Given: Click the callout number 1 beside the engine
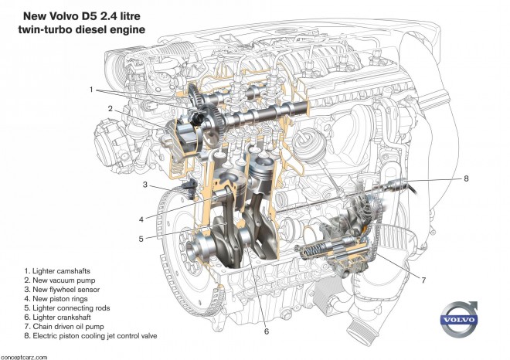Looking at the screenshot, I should pyautogui.click(x=91, y=90).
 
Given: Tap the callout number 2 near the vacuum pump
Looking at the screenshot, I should pyautogui.click(x=110, y=109).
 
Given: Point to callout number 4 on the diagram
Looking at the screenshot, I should pyautogui.click(x=141, y=217).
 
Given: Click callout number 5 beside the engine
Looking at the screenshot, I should pyautogui.click(x=141, y=239).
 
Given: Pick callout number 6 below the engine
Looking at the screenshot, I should pyautogui.click(x=266, y=332).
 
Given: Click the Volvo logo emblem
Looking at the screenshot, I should pyautogui.click(x=461, y=320).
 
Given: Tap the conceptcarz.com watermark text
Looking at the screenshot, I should pyautogui.click(x=24, y=356).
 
